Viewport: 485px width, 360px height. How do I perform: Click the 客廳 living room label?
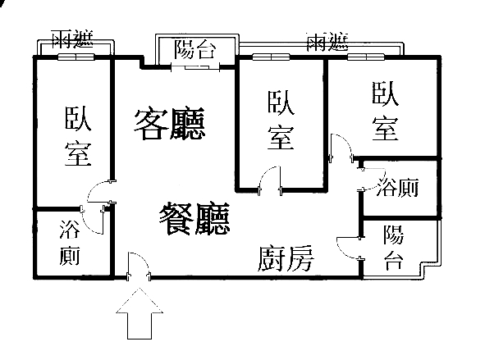tap(170, 124)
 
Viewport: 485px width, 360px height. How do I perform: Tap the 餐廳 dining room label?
tap(194, 219)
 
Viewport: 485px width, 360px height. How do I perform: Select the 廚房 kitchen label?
tap(286, 259)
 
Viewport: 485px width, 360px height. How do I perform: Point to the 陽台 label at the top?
tap(194, 49)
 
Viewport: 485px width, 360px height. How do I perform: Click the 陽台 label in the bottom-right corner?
tap(393, 248)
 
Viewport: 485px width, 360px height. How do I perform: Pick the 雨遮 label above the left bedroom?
tap(72, 39)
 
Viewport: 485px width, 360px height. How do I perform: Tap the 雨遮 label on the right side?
tap(327, 42)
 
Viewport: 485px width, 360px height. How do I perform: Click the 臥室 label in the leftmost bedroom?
tap(78, 136)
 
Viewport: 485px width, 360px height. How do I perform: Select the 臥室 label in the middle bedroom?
tap(281, 121)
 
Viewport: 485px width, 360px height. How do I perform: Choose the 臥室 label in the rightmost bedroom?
tap(385, 112)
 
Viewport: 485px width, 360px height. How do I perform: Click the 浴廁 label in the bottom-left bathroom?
tap(70, 242)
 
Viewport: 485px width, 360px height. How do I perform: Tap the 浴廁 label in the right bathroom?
tap(398, 187)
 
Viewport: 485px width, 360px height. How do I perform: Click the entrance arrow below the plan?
tap(140, 313)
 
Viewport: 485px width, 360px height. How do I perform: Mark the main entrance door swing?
tap(139, 266)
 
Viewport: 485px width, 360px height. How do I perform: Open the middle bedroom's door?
tap(270, 180)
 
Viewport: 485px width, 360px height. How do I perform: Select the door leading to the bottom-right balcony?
tap(349, 248)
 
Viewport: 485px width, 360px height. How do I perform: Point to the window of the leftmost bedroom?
tap(76, 57)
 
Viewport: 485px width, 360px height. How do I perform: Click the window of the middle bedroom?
tap(271, 57)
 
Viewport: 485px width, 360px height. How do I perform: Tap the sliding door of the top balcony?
tap(195, 67)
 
